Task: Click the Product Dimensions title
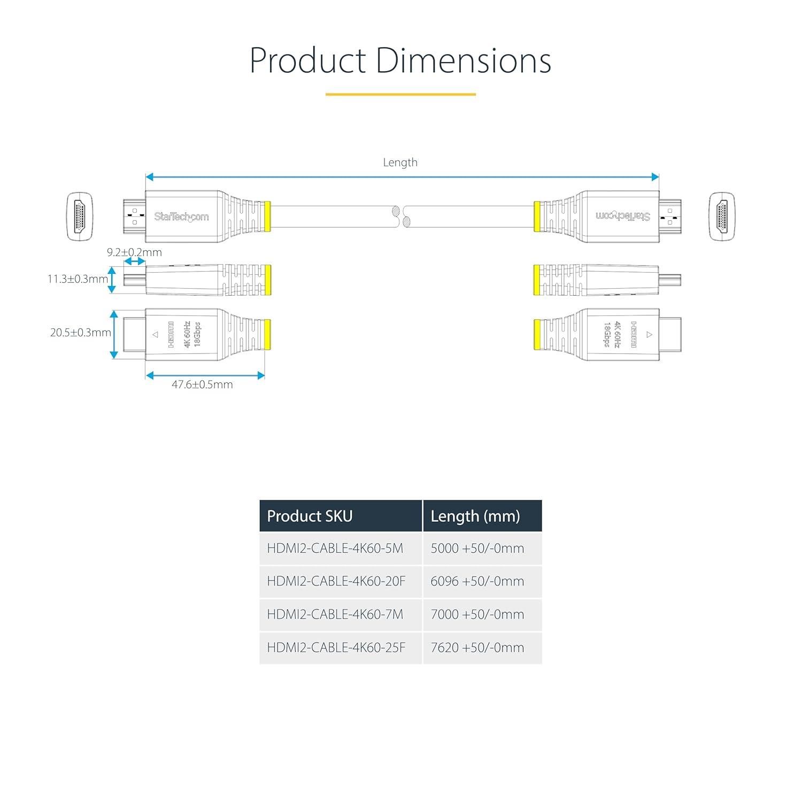400,60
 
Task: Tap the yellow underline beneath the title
400,95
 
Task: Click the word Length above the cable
400,163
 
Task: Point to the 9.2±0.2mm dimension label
134,252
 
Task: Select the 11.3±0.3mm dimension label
78,279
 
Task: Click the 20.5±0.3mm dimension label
81,333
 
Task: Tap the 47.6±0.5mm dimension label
202,384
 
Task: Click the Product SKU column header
341,516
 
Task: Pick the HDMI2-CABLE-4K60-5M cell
341,549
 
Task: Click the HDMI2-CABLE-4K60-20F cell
341,582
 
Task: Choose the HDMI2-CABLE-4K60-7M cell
341,615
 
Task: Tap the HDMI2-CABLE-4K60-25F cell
341,648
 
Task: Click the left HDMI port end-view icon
80,216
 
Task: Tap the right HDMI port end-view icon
722,216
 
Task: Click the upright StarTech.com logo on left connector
181,217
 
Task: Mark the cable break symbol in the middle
401,217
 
